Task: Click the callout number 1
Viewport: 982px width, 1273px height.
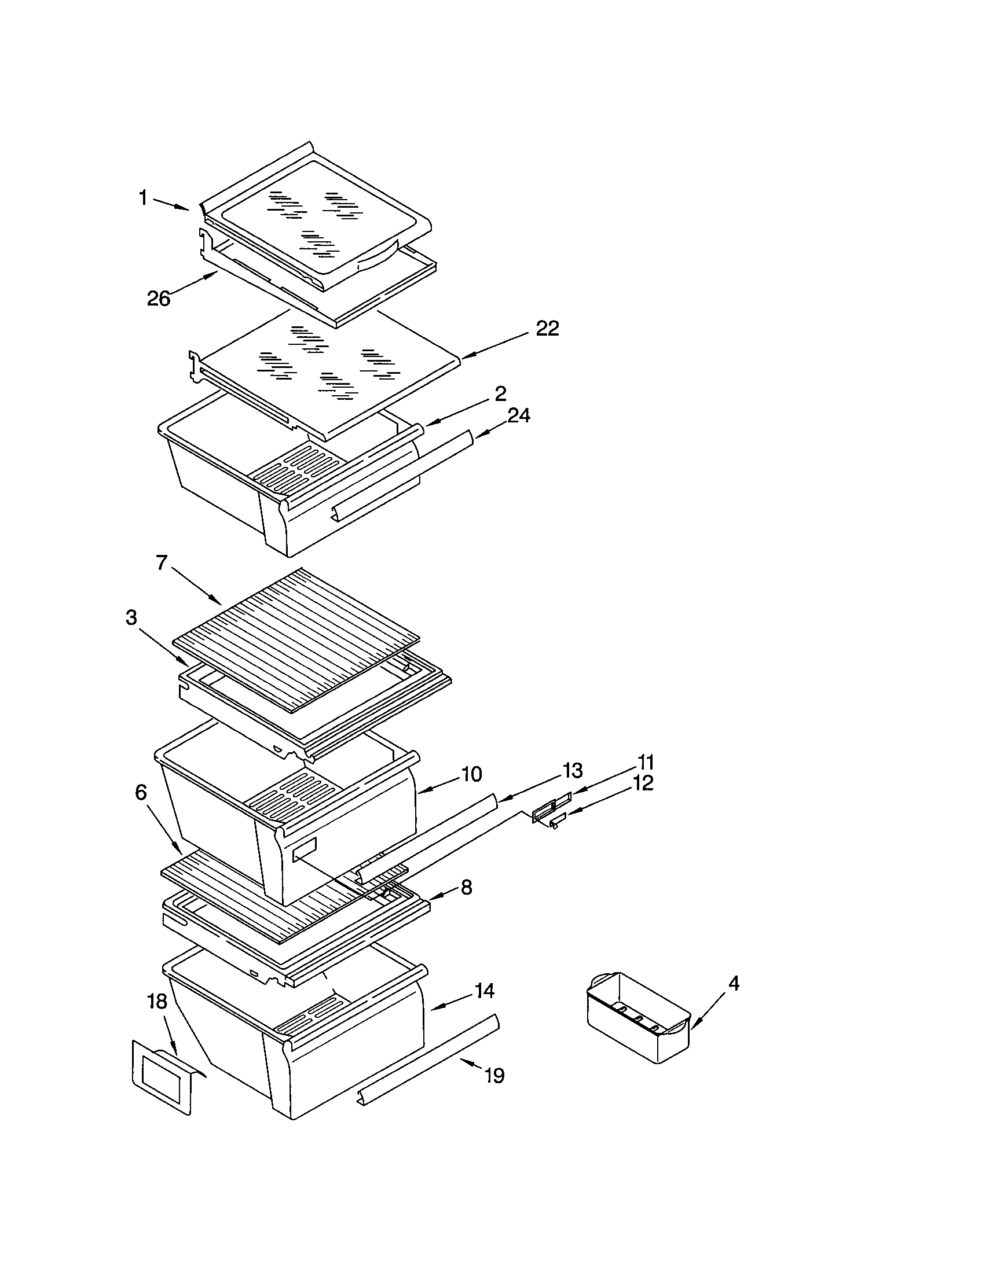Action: [143, 197]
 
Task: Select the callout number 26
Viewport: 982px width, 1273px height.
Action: [158, 299]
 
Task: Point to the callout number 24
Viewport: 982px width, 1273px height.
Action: [518, 415]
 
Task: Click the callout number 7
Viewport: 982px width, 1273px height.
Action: [162, 562]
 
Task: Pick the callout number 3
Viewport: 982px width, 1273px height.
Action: [132, 618]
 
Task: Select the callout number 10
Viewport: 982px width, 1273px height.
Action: [471, 774]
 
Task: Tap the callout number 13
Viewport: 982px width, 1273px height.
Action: [573, 771]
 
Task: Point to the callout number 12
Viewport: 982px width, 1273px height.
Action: [643, 783]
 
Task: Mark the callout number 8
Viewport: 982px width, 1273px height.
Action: [466, 888]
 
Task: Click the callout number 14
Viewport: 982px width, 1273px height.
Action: [484, 990]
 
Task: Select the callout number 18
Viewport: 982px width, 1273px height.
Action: [157, 1002]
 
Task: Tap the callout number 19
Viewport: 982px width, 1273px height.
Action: [494, 1076]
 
